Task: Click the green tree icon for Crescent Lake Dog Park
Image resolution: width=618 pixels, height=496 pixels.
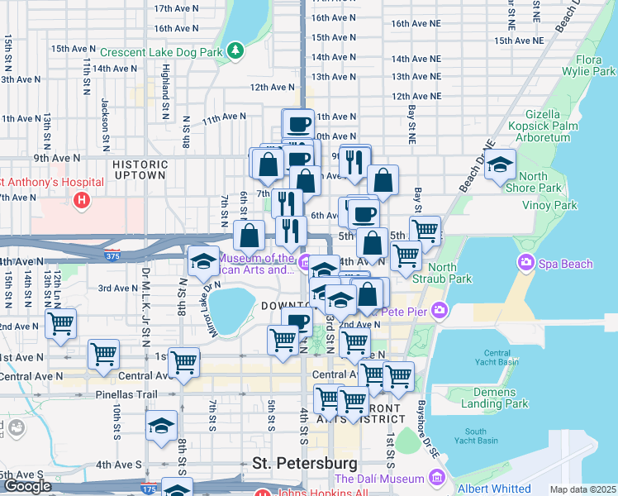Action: click(x=236, y=51)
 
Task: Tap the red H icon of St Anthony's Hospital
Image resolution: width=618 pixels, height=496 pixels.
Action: click(x=81, y=199)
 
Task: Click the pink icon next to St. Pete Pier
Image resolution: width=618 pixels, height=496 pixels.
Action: click(x=438, y=312)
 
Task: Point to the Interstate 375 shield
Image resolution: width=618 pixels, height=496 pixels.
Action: click(x=112, y=255)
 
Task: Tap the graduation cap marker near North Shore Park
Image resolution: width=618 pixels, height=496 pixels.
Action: click(x=501, y=165)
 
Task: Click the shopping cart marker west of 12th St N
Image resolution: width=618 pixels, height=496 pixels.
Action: click(x=59, y=324)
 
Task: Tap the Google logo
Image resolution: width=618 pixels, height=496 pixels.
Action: click(x=27, y=486)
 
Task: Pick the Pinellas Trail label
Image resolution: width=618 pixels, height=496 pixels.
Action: click(x=126, y=394)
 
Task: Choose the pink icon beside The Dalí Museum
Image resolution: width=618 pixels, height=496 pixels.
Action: click(x=436, y=479)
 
